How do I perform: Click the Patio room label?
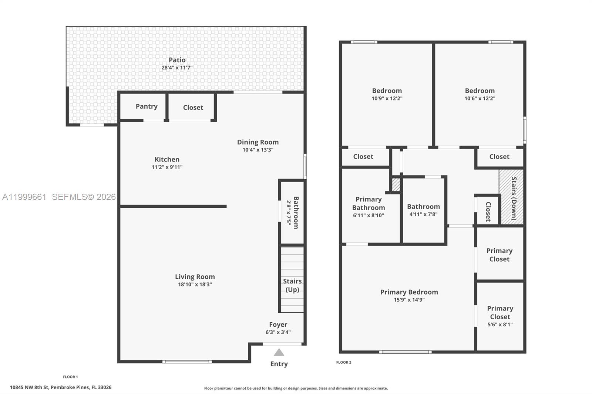177,60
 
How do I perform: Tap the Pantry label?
147,106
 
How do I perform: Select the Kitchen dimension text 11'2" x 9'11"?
167,167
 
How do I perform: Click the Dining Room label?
258,142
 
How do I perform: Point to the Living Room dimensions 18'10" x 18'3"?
195,285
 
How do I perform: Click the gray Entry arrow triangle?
279,353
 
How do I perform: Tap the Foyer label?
278,325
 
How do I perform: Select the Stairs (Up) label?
292,285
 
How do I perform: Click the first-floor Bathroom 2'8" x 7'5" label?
292,213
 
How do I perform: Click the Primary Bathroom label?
369,204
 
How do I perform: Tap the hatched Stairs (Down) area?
512,197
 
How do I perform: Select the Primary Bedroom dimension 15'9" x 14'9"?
409,300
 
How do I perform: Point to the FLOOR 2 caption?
343,362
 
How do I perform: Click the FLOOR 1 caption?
70,377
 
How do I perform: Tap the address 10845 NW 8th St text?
61,387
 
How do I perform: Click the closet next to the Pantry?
193,108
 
